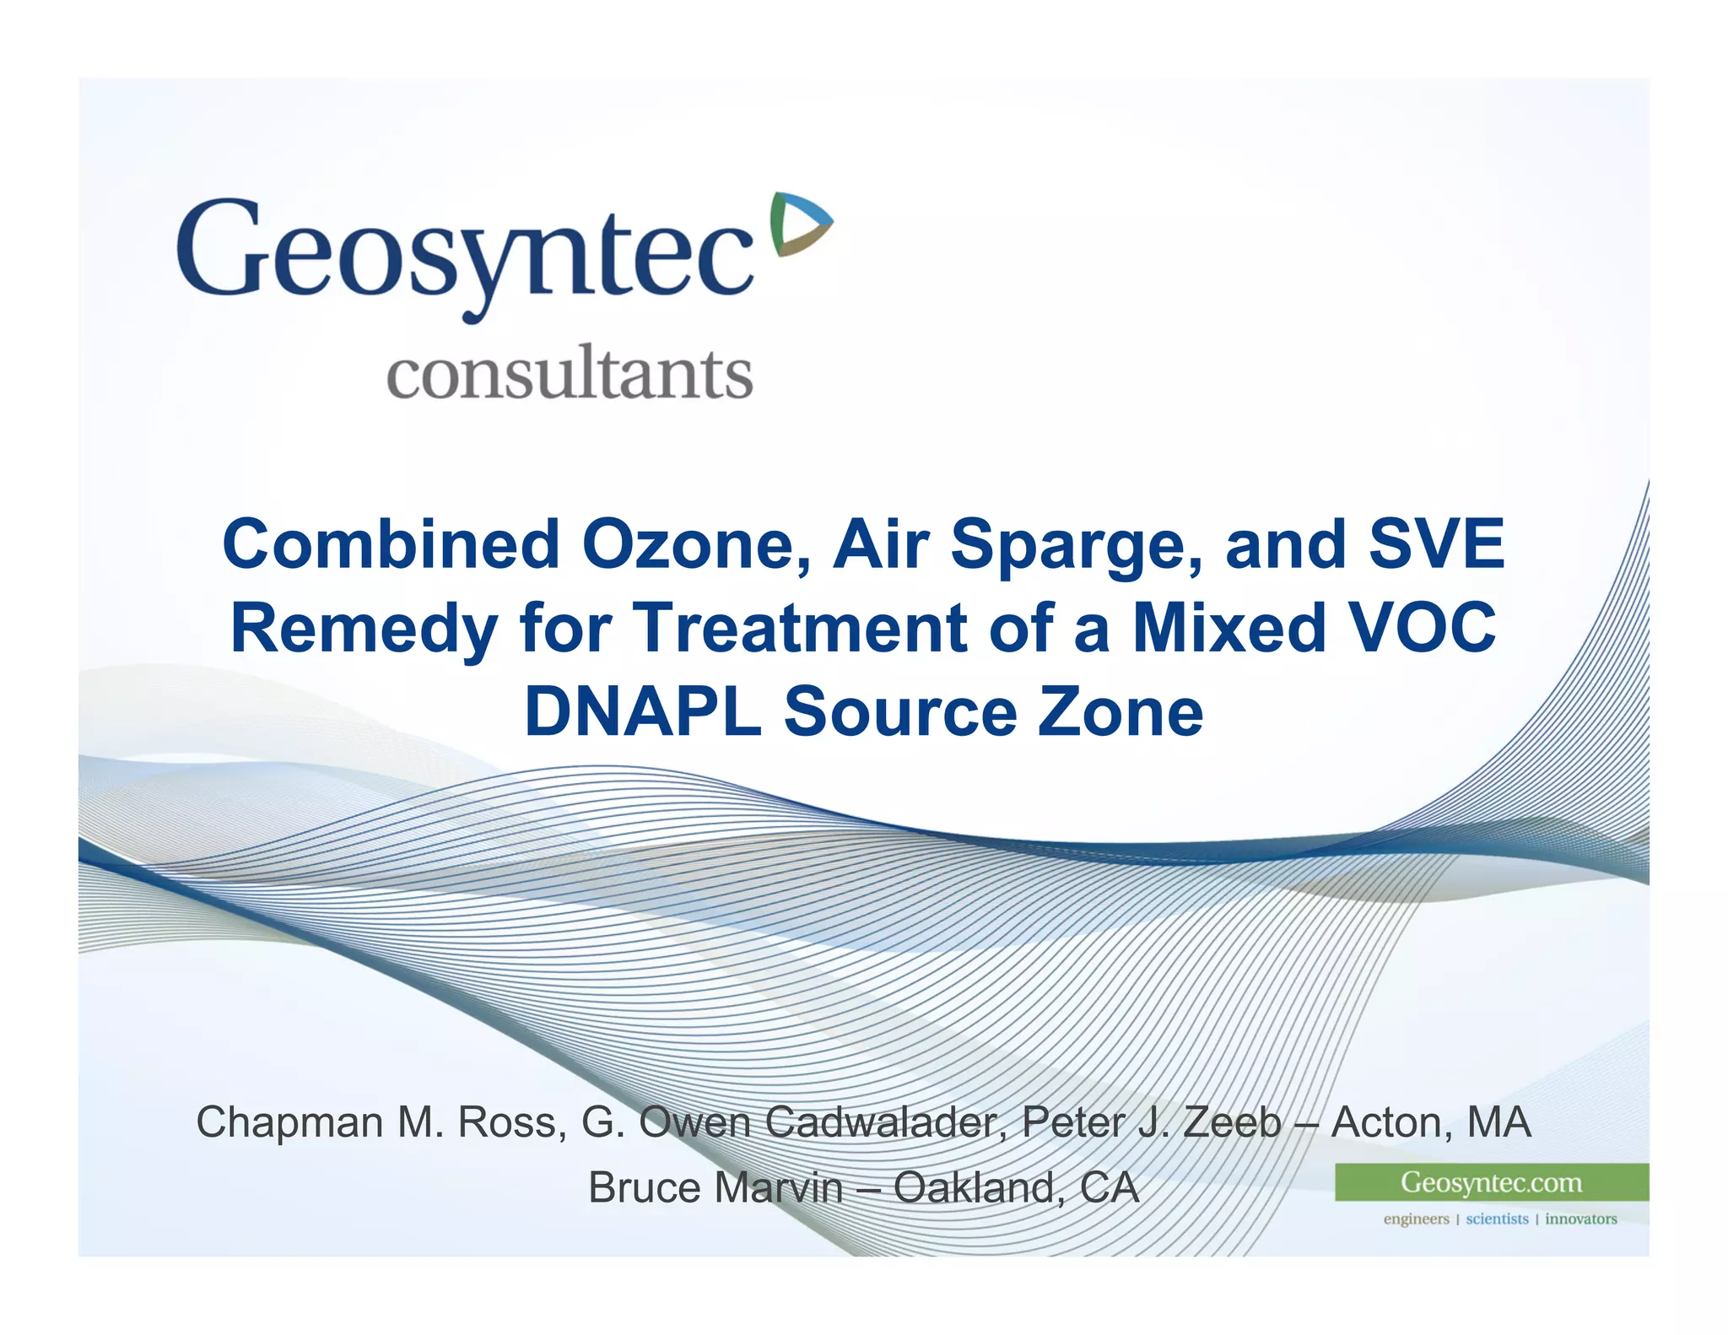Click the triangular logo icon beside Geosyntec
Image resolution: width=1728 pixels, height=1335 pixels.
coord(800,224)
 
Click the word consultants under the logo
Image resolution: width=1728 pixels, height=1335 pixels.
coord(570,374)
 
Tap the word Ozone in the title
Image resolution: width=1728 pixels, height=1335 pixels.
coord(696,544)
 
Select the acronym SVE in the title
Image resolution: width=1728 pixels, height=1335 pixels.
coord(1436,544)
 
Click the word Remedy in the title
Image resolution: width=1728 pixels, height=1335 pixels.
coord(364,629)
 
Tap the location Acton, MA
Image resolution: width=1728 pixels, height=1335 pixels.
coord(1431,1122)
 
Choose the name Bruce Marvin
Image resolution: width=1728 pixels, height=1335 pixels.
coord(715,1188)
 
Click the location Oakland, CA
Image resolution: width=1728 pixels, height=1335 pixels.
coord(1016,1188)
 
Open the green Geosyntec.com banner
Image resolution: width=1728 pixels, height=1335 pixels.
coord(1491,1182)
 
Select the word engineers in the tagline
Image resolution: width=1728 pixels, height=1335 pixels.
coord(1416,1219)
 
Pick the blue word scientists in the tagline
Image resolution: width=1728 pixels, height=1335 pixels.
coord(1497,1219)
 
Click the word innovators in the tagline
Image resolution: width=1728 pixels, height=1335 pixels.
coord(1580,1219)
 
